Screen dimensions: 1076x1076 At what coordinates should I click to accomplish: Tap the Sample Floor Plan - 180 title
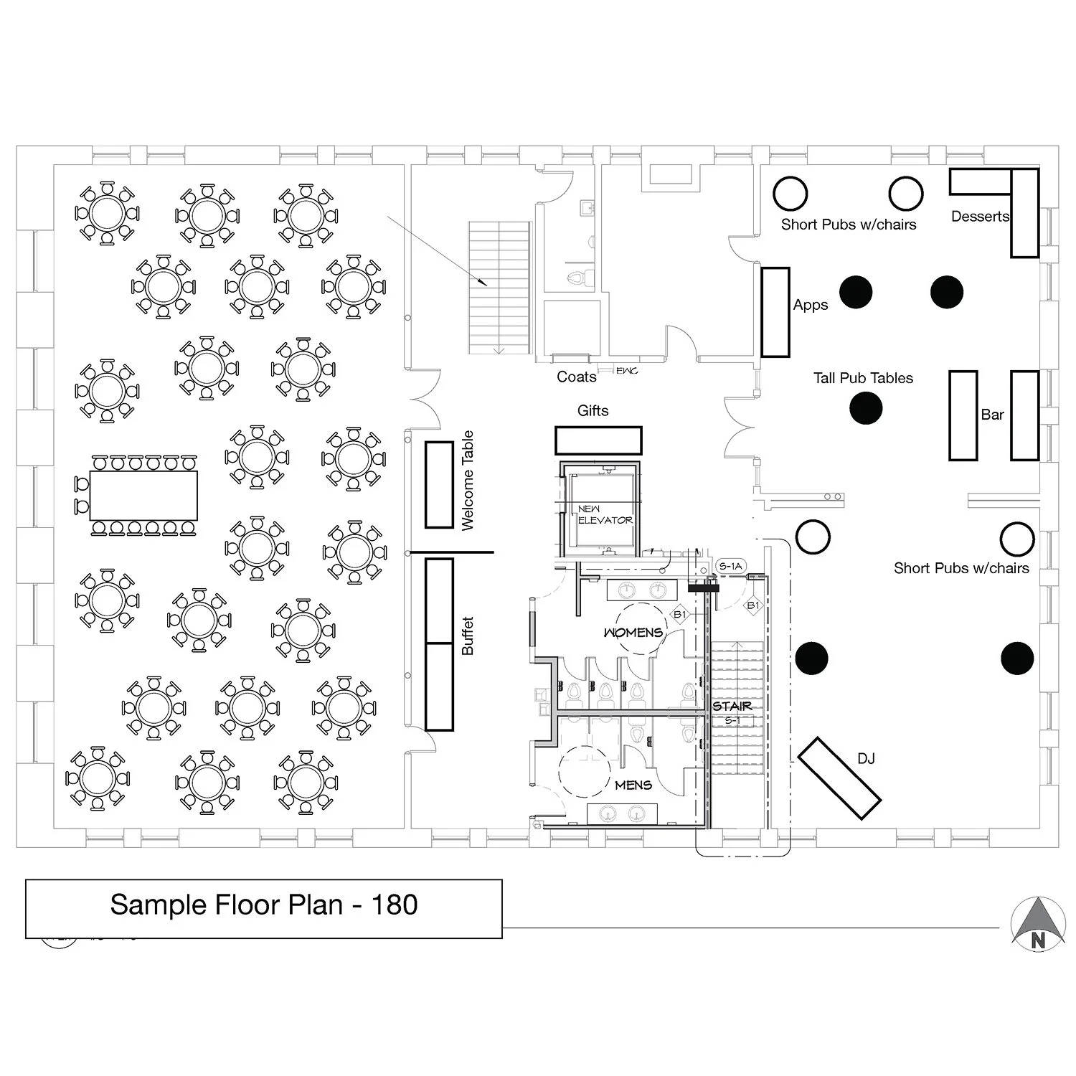pyautogui.click(x=263, y=905)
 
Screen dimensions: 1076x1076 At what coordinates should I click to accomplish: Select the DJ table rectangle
pyautogui.click(x=839, y=778)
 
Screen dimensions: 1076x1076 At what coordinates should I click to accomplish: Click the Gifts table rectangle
pyautogui.click(x=598, y=440)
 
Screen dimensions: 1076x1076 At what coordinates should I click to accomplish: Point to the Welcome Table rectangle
pyautogui.click(x=439, y=485)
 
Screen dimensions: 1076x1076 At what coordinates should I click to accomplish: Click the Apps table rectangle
pyautogui.click(x=775, y=312)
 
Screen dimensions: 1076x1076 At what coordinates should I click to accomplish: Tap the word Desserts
pyautogui.click(x=979, y=217)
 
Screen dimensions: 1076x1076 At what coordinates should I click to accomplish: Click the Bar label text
pyautogui.click(x=993, y=415)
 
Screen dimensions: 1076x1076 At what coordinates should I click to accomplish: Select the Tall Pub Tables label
pyautogui.click(x=863, y=378)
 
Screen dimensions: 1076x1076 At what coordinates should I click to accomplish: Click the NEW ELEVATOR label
pyautogui.click(x=605, y=514)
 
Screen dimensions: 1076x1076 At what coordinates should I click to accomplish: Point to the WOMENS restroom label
pyautogui.click(x=633, y=633)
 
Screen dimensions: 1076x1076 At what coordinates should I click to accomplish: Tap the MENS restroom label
pyautogui.click(x=633, y=785)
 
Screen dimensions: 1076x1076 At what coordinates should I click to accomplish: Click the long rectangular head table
pyautogui.click(x=143, y=496)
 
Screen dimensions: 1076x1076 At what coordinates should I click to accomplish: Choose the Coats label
pyautogui.click(x=576, y=377)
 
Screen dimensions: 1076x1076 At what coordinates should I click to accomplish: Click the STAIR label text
pyautogui.click(x=732, y=707)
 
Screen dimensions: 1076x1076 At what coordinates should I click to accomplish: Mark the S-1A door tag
pyautogui.click(x=730, y=567)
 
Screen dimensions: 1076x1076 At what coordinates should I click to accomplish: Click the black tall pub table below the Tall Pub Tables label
pyautogui.click(x=866, y=409)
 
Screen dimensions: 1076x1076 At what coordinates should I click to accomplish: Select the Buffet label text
pyautogui.click(x=468, y=636)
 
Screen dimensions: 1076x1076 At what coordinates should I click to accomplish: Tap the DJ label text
pyautogui.click(x=866, y=759)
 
